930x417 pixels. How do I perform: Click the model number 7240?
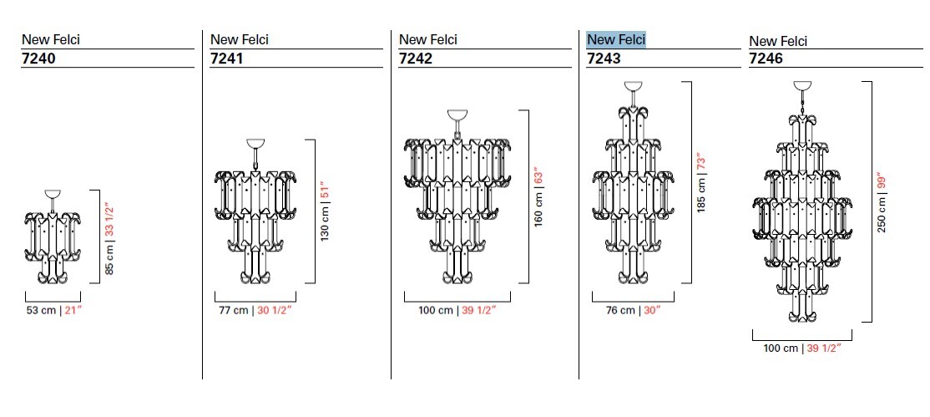(38, 58)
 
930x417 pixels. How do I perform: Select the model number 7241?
(226, 58)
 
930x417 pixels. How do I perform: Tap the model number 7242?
(415, 58)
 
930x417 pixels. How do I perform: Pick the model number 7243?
(604, 58)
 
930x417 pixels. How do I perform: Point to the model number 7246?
(766, 58)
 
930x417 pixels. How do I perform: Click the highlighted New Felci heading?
(616, 40)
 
